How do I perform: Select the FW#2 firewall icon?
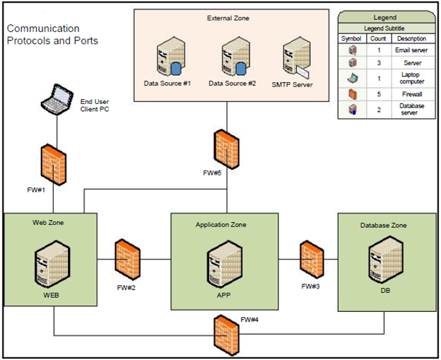[x=128, y=260]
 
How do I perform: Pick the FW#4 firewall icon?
[x=228, y=334]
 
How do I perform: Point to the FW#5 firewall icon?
[x=227, y=148]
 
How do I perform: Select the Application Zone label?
[x=220, y=224]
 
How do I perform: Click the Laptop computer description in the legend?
[x=411, y=77]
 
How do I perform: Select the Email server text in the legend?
[x=411, y=50]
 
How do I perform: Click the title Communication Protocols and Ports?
[x=52, y=35]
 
